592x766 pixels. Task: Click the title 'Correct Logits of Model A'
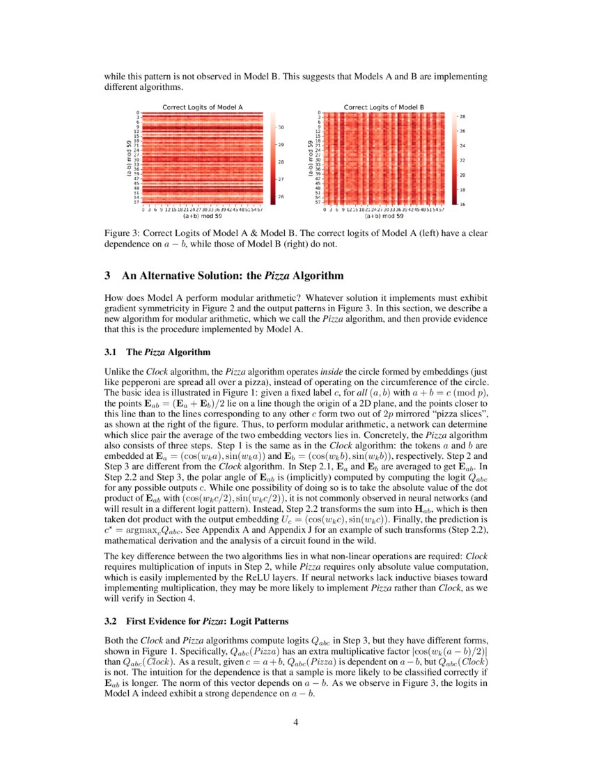coord(202,107)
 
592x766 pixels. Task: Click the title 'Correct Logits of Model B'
coord(384,107)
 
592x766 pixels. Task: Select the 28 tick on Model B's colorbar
coord(463,116)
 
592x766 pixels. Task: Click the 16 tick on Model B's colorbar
coord(463,203)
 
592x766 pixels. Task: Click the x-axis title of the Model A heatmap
coord(202,216)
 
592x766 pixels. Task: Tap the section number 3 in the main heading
coord(107,276)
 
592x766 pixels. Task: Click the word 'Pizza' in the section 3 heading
coord(275,276)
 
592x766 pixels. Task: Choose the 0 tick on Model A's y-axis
coord(138,113)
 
